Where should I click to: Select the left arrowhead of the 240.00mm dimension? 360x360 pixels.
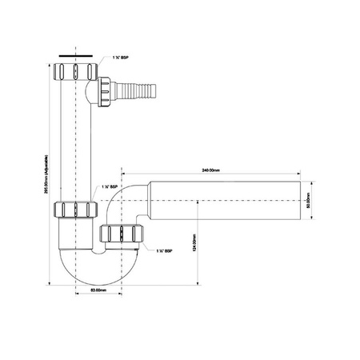tap(123, 171)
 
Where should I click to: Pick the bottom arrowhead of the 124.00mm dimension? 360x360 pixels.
tap(198, 282)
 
